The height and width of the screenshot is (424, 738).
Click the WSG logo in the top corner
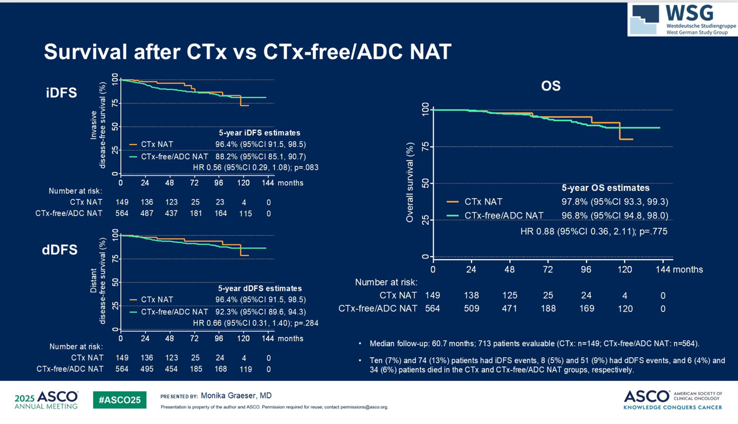click(682, 19)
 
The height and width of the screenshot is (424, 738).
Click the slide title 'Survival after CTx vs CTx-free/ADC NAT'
click(247, 52)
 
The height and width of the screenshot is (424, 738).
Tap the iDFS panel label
click(61, 92)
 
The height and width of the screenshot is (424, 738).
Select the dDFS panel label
click(60, 250)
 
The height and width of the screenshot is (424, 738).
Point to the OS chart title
click(550, 86)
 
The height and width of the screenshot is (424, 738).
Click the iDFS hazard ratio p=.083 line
click(255, 168)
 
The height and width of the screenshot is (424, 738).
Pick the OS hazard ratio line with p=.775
click(593, 231)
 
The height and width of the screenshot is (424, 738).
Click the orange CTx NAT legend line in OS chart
click(453, 202)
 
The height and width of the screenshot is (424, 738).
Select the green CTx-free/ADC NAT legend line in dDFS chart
click(133, 312)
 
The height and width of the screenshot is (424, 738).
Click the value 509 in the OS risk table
click(471, 308)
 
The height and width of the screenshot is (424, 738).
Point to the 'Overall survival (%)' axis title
click(410, 183)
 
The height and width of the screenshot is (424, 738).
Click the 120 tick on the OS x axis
click(625, 270)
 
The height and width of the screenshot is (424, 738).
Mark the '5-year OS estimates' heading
click(606, 188)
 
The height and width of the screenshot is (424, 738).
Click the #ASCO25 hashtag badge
click(120, 400)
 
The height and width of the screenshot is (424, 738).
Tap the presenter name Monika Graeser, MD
click(236, 396)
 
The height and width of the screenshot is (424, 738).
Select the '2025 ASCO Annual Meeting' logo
click(46, 400)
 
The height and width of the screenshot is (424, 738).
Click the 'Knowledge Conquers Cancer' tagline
click(672, 407)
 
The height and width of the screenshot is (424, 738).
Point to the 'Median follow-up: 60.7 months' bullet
click(534, 343)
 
